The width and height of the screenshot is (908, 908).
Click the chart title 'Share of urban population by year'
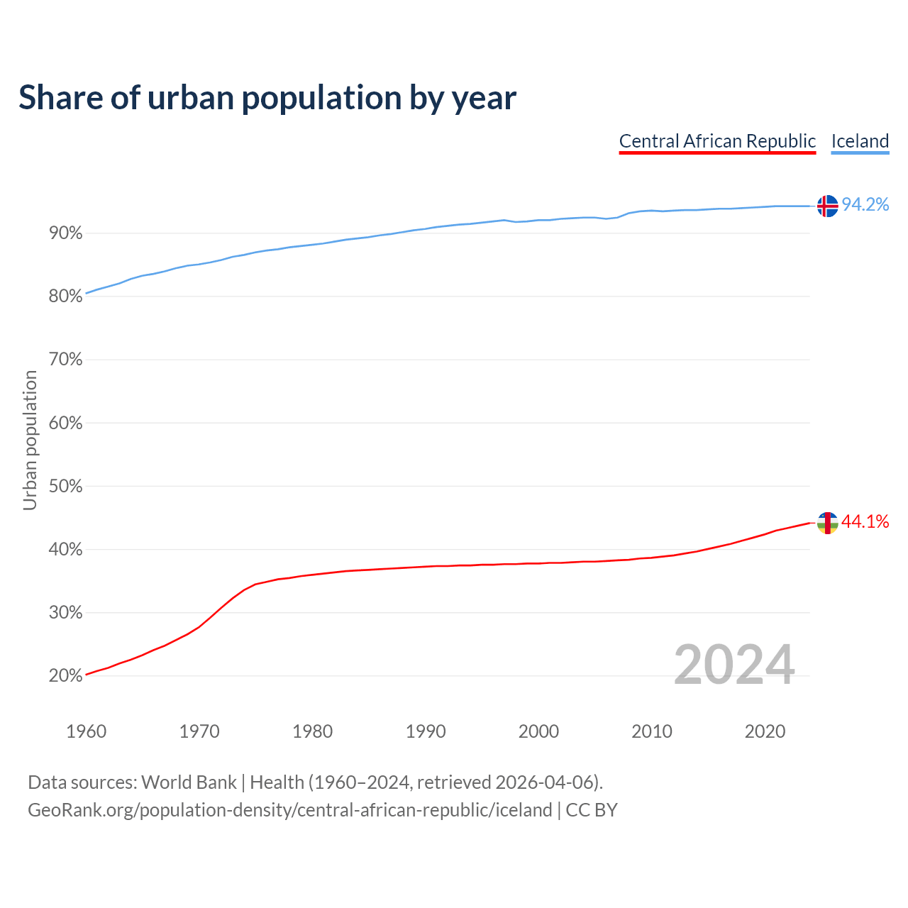click(x=267, y=98)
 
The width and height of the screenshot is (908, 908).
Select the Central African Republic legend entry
click(x=717, y=141)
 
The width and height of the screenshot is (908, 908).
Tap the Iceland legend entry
click(x=860, y=141)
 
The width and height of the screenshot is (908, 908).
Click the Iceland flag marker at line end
click(x=827, y=206)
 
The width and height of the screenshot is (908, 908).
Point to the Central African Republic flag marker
click(x=827, y=523)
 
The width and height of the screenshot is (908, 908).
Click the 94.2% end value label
click(x=865, y=205)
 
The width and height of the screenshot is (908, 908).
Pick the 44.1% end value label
click(x=865, y=522)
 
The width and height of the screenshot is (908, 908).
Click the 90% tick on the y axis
click(x=65, y=233)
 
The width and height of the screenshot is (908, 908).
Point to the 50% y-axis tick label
click(x=65, y=487)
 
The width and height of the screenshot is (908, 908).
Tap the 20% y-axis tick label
click(x=65, y=676)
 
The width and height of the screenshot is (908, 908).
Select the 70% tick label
click(x=65, y=360)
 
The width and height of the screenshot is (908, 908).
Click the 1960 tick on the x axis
click(x=86, y=731)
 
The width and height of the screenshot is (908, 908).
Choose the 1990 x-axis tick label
click(x=426, y=731)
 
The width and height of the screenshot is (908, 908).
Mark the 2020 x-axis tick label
click(x=765, y=731)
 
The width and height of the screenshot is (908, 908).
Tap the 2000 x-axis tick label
click(x=538, y=731)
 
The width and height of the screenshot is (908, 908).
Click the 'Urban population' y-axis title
click(x=30, y=440)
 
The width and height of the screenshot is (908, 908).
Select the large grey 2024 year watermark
click(x=734, y=665)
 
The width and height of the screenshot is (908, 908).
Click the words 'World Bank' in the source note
click(x=189, y=782)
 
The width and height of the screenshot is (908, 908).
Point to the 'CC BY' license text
click(x=592, y=810)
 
